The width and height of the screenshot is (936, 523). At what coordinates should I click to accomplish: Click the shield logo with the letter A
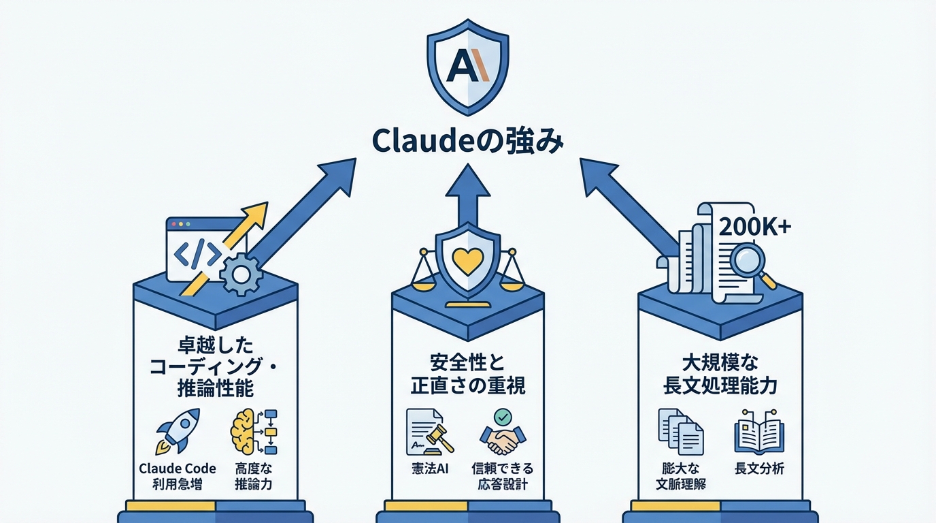pos(467,68)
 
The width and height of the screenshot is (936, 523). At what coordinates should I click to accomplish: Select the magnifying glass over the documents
pos(747,263)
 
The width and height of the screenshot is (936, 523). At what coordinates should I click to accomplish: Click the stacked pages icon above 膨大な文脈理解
pos(680,432)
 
